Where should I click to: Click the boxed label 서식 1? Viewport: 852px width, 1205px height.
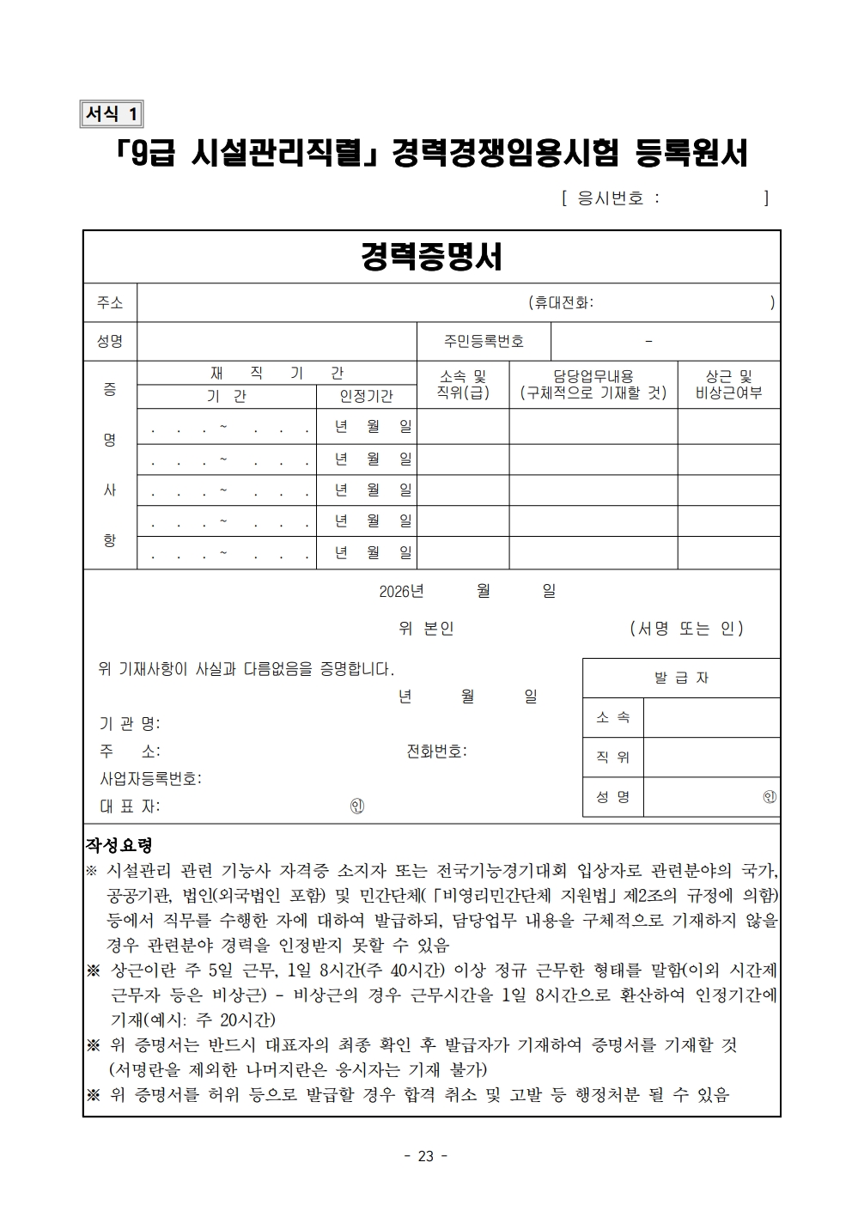click(112, 113)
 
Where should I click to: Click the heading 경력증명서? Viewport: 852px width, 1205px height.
click(431, 256)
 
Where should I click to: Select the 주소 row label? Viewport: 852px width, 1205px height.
click(110, 302)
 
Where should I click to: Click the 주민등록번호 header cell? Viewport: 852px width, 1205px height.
click(484, 341)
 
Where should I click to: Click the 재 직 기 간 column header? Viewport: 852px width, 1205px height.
click(277, 373)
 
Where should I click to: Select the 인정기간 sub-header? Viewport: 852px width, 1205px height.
click(367, 396)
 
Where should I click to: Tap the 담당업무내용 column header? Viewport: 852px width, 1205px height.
click(593, 376)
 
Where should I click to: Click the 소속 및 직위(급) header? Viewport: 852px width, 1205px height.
click(463, 385)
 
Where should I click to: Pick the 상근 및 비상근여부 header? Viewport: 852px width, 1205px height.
click(728, 385)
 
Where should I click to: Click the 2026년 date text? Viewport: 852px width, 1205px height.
click(401, 591)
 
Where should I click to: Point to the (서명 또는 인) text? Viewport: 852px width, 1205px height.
click(686, 628)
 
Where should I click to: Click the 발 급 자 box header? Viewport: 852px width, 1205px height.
click(681, 678)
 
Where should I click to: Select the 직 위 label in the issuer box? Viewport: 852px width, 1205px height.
click(613, 757)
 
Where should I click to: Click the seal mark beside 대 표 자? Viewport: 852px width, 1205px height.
click(357, 806)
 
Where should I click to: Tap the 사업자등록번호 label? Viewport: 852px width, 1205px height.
click(150, 779)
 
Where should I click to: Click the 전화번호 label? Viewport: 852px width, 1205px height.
click(436, 751)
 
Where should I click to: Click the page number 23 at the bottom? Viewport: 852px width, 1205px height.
click(426, 1156)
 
